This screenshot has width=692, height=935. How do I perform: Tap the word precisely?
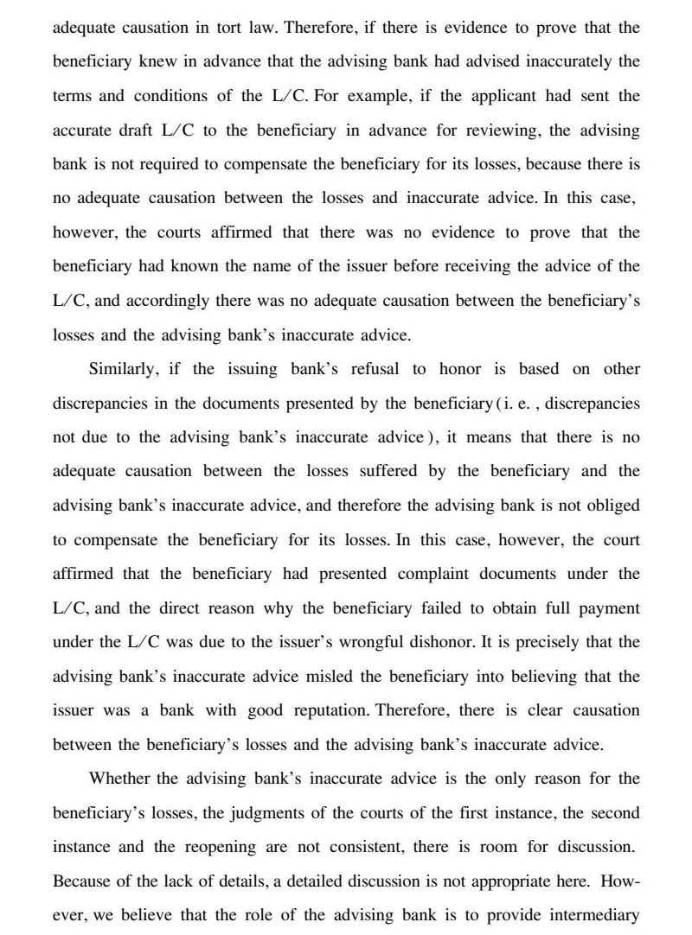556,642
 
